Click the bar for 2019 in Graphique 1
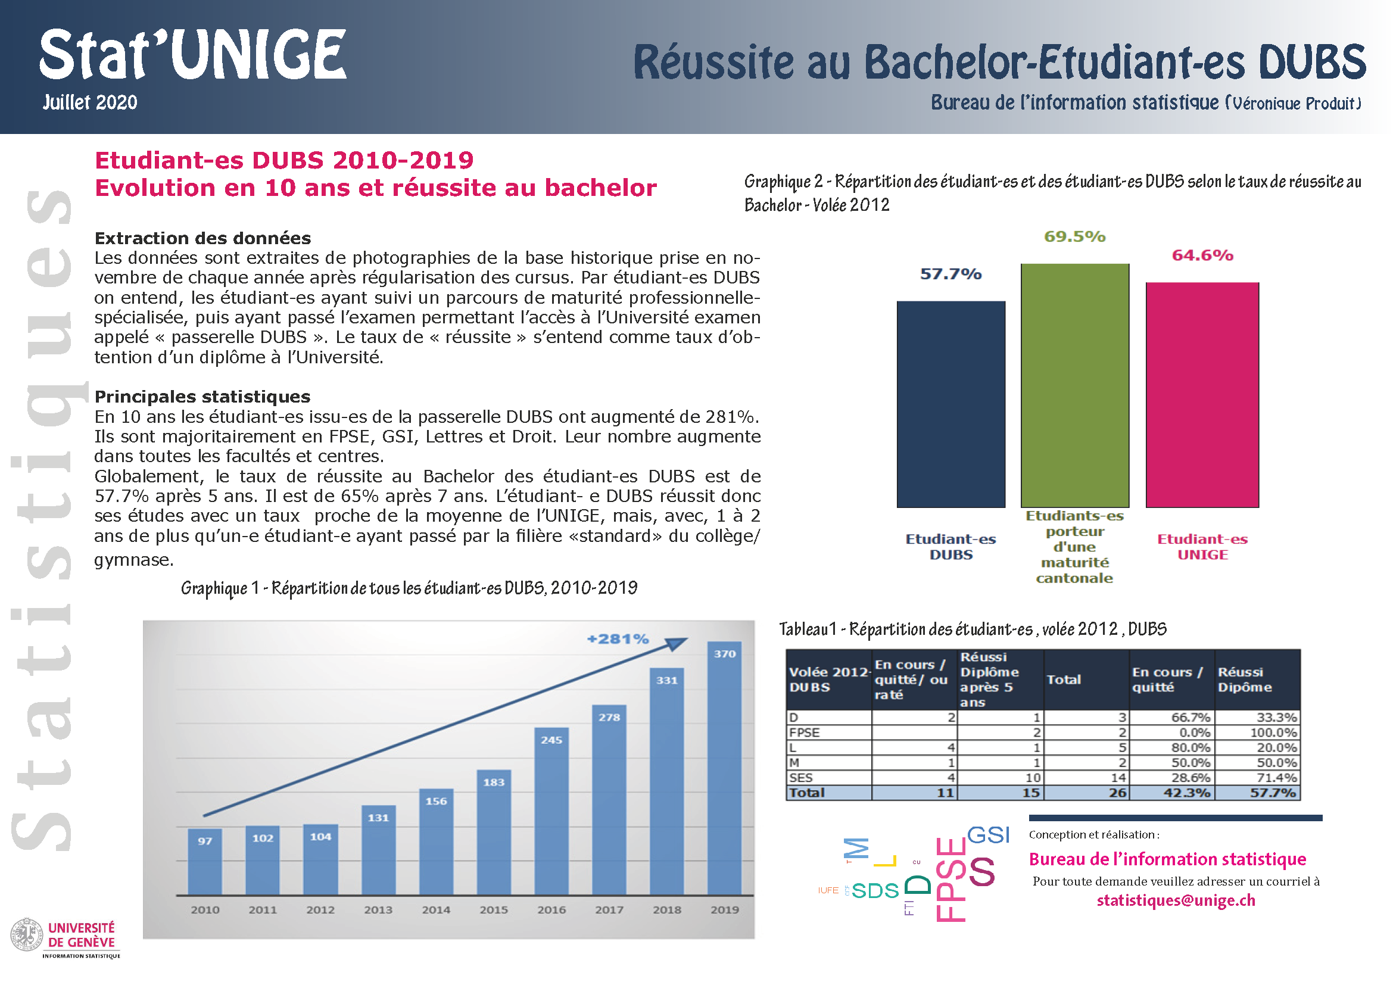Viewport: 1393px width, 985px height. [x=724, y=768]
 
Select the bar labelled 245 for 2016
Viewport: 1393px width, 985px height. [x=551, y=811]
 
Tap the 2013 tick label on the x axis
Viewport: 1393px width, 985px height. [x=378, y=910]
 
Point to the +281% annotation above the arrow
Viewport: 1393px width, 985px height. [x=618, y=638]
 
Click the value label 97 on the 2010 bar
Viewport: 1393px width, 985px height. [x=205, y=841]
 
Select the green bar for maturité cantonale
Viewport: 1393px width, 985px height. [x=1075, y=385]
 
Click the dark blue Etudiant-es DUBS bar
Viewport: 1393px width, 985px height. [x=951, y=404]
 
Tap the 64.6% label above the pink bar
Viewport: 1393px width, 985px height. [x=1202, y=255]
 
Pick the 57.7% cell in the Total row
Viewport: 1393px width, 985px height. [x=1273, y=793]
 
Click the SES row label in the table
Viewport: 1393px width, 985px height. [x=801, y=778]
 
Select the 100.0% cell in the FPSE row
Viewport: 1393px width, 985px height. [x=1273, y=732]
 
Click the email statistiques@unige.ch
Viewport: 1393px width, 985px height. [x=1176, y=900]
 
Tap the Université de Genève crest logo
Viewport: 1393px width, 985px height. [x=27, y=934]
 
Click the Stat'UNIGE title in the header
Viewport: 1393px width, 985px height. [x=193, y=55]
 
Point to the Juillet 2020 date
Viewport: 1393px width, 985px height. [x=90, y=102]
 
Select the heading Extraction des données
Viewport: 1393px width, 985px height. [x=202, y=238]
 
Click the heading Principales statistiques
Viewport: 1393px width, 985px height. [x=202, y=397]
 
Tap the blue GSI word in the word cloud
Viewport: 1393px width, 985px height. [x=989, y=834]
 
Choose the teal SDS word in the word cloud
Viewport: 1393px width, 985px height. [x=875, y=890]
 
